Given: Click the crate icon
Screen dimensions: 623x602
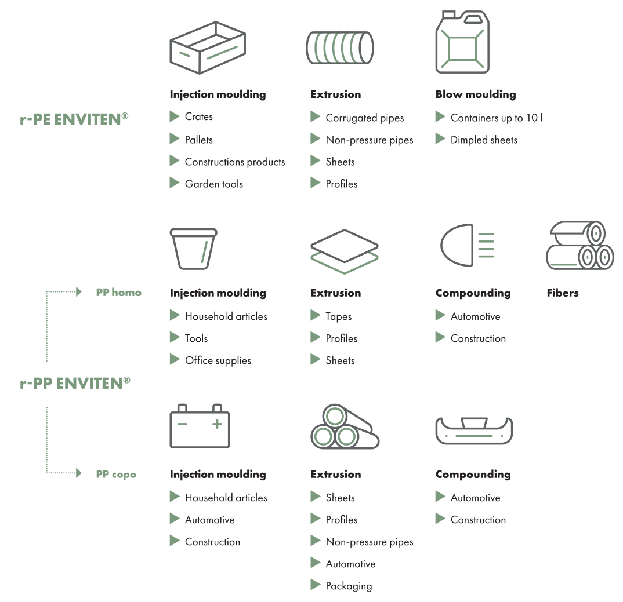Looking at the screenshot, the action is point(208,48).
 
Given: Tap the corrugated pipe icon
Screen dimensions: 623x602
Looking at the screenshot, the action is point(340,48).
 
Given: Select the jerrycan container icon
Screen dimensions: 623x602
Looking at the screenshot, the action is point(462,42).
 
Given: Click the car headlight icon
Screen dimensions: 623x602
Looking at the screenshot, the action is point(468,245).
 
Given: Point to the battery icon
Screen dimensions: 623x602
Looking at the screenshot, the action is point(200,426).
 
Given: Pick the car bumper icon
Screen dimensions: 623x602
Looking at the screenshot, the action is point(474,430).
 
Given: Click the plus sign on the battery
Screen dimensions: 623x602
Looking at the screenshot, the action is point(217,424).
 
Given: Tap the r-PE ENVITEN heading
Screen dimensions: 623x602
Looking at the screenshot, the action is point(74,119).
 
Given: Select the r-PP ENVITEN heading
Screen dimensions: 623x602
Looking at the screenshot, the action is point(75,384).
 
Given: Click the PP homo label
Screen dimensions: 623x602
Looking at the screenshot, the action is point(119,293).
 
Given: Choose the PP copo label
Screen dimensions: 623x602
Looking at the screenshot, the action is point(116,474).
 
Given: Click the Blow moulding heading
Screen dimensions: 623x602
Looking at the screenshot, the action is point(476,94).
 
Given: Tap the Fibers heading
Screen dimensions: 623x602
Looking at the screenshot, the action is point(563,293).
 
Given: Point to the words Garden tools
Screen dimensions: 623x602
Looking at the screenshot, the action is point(214,184).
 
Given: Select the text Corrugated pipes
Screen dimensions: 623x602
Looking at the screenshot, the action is point(365,118).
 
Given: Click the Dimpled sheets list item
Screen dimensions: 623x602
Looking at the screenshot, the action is point(484,140).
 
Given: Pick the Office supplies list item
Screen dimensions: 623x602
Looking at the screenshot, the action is point(218,360).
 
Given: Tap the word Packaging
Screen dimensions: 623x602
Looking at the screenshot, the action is point(349,586).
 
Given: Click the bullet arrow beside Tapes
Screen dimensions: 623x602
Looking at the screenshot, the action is point(316,315).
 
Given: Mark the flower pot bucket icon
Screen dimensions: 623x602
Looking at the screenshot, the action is point(194,249).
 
